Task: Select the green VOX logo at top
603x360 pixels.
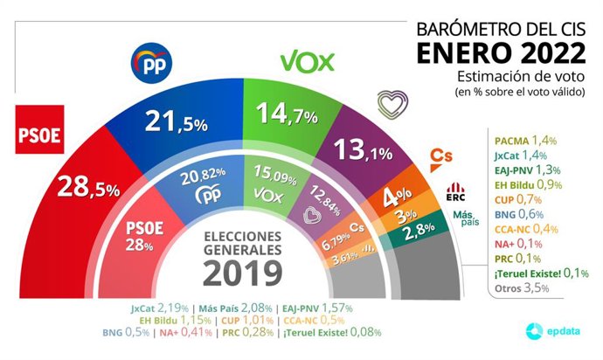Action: [x=309, y=62]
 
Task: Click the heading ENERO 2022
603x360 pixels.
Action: [x=502, y=53]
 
